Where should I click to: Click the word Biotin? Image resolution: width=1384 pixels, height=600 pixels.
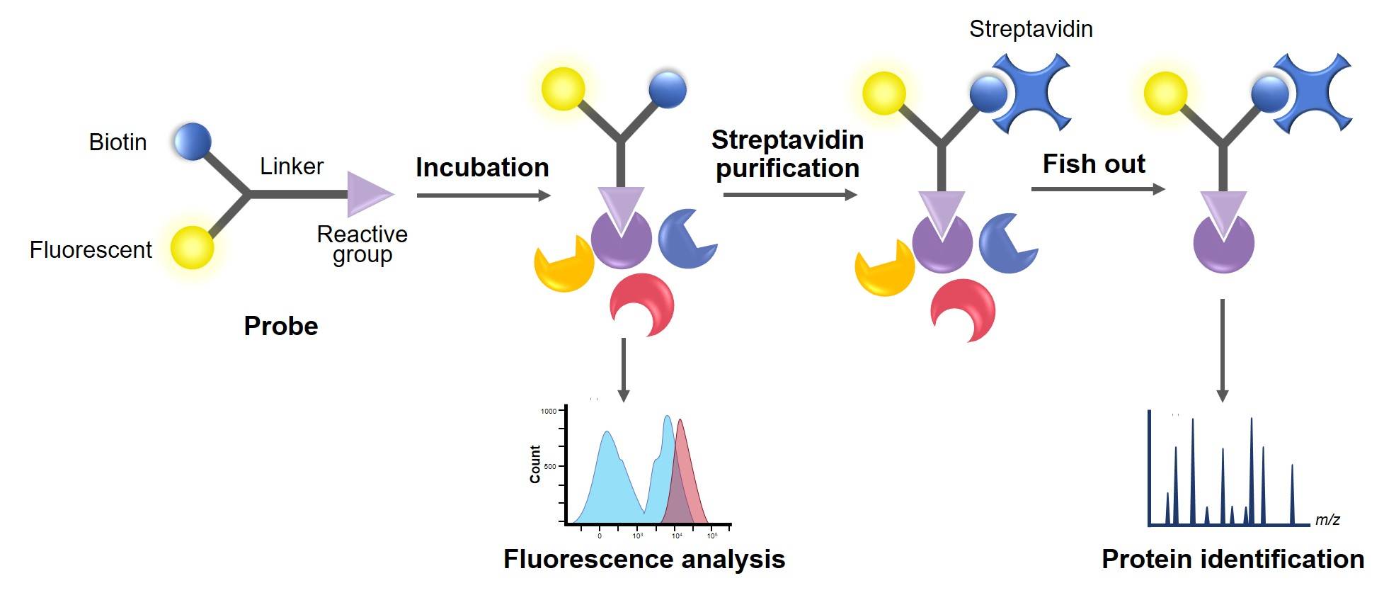[118, 142]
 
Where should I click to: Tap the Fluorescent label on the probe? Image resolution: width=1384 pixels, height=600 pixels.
[91, 250]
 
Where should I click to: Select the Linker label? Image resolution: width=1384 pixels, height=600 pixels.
[291, 166]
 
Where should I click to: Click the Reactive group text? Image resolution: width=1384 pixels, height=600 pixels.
[362, 244]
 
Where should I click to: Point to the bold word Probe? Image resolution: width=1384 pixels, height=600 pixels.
[281, 326]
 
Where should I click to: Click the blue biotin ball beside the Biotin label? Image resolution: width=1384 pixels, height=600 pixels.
[193, 141]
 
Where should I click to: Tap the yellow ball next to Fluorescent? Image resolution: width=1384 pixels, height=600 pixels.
[192, 248]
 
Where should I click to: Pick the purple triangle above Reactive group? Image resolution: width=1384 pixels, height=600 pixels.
[367, 194]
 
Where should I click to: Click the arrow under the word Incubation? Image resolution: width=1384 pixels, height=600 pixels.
[483, 196]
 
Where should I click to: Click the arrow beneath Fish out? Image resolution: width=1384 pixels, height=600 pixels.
[1097, 189]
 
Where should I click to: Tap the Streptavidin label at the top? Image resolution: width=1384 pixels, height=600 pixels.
[1031, 29]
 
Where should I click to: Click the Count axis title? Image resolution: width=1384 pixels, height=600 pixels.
[535, 464]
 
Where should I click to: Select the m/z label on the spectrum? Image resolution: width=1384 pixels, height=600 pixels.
[1327, 520]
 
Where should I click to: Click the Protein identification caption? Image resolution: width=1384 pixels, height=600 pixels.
[1233, 560]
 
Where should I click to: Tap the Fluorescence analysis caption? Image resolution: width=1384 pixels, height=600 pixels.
[644, 560]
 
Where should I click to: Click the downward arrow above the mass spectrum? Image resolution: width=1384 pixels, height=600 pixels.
[1222, 351]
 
